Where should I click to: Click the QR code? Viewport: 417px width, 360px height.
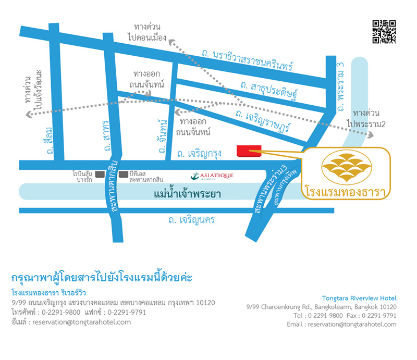point(384,32)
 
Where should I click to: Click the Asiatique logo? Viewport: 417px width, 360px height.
point(213,176)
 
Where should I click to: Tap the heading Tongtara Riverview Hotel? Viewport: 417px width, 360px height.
point(359,298)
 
